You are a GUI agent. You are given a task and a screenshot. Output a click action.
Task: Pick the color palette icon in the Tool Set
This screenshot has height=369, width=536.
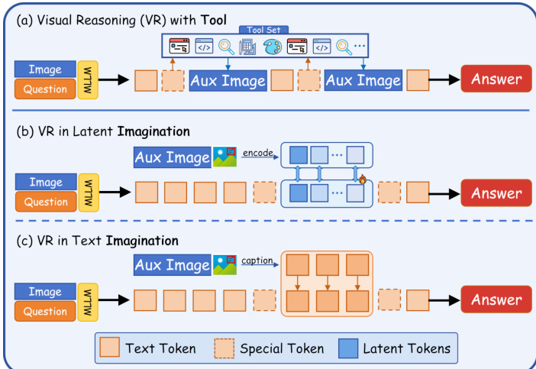point(272,47)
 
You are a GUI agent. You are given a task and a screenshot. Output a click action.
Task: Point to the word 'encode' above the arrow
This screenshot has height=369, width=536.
point(257,153)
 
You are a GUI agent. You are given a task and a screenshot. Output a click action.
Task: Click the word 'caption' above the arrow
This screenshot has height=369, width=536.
point(257,261)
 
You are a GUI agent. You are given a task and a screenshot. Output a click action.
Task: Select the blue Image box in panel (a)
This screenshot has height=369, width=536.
point(45,70)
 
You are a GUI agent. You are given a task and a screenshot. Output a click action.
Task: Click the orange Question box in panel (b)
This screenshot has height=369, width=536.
point(45,202)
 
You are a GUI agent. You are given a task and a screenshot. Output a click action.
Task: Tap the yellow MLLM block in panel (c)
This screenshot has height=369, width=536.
point(87,301)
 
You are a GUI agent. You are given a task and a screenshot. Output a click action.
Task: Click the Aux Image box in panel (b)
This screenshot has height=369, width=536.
point(172,158)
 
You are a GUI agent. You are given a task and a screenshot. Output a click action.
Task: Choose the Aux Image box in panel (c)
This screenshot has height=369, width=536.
point(172,265)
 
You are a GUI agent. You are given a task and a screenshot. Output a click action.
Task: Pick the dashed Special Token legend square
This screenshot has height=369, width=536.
point(222,348)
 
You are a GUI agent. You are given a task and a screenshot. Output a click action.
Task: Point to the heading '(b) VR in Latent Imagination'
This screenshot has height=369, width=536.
point(103,131)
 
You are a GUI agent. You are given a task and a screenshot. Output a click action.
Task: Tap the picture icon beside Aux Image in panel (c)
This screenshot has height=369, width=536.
point(224,265)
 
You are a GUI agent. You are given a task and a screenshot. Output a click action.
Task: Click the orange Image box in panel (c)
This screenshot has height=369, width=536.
point(45,292)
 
